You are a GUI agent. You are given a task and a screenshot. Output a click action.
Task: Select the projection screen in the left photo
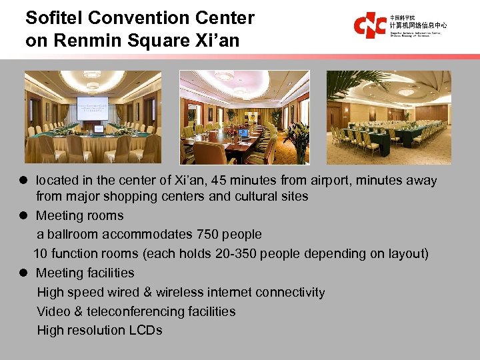coord(92,108)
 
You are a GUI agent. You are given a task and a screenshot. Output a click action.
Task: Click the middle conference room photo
coord(245,117)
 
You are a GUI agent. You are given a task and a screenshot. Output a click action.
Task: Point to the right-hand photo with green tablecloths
coord(389,117)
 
